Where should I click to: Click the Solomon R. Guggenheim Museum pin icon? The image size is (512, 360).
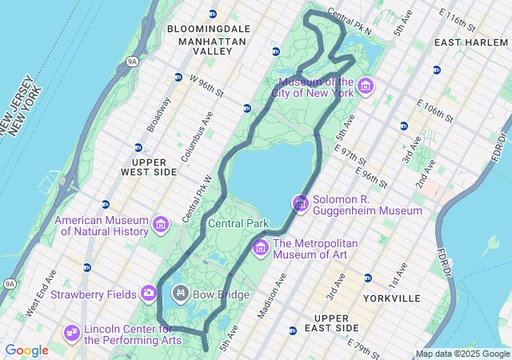[300, 205]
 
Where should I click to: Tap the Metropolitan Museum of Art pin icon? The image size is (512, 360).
[260, 249]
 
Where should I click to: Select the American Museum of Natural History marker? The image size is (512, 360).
[160, 226]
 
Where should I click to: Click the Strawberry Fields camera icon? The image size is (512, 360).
[149, 294]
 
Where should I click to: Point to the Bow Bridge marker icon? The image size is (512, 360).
[180, 294]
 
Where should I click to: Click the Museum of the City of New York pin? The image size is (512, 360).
[366, 86]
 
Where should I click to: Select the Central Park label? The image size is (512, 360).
[238, 223]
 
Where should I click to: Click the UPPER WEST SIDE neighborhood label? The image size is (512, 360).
[148, 166]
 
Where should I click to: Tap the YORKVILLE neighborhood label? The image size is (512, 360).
[391, 298]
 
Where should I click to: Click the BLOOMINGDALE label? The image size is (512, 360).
[209, 29]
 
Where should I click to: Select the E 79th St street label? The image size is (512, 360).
[366, 345]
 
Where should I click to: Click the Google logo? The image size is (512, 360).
[26, 350]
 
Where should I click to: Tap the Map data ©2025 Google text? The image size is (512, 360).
[462, 354]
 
